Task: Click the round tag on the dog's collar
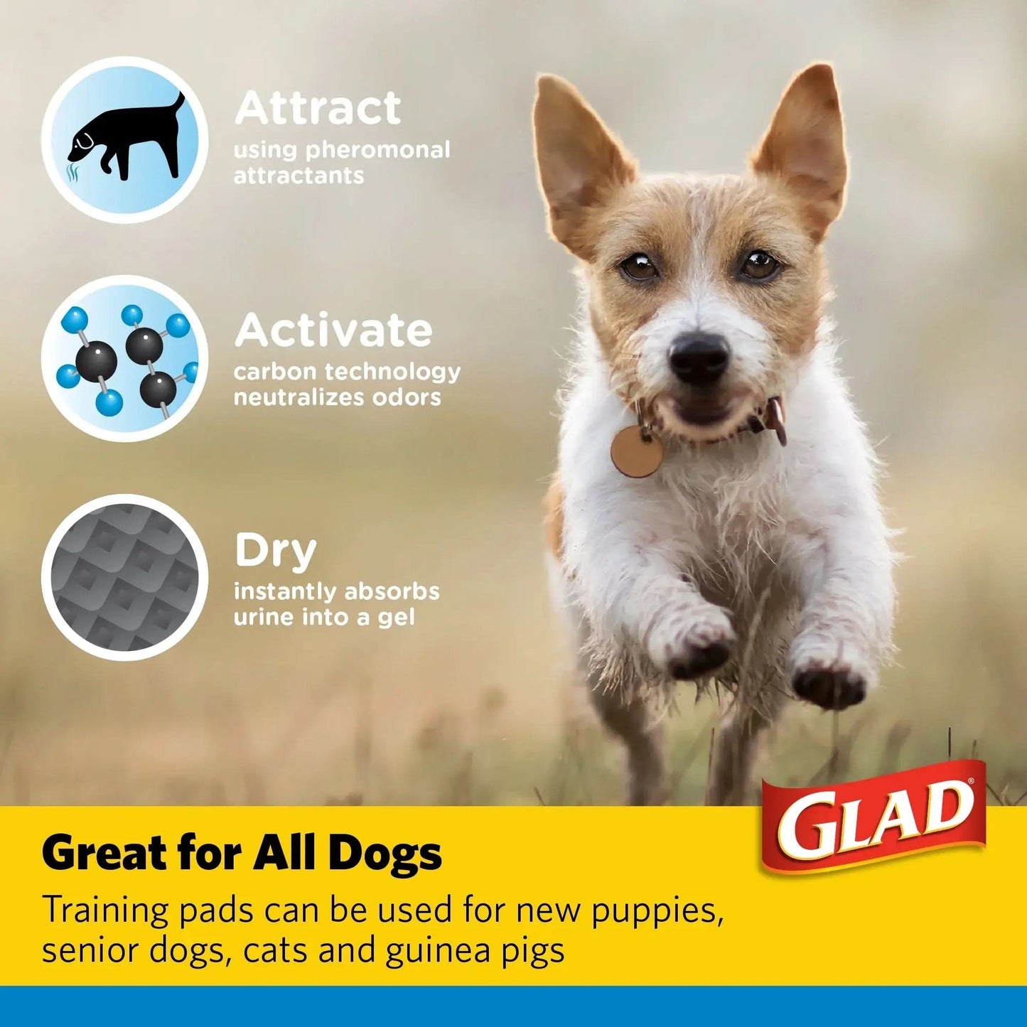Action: [636, 451]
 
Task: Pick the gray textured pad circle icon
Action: [124, 577]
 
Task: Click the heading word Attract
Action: [318, 107]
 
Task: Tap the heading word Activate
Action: [333, 330]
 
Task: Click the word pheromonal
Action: [378, 150]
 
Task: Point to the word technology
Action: [393, 372]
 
